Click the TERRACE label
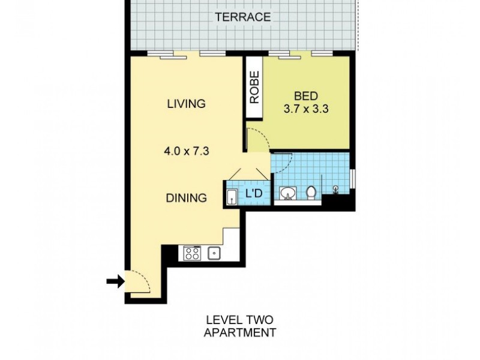pyautogui.click(x=243, y=17)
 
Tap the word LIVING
pyautogui.click(x=186, y=104)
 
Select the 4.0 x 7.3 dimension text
pyautogui.click(x=186, y=152)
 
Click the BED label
pyautogui.click(x=306, y=96)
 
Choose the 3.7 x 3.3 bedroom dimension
pyautogui.click(x=306, y=110)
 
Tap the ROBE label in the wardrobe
pyautogui.click(x=254, y=88)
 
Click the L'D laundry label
pyautogui.click(x=254, y=194)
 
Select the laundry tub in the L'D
pyautogui.click(x=232, y=196)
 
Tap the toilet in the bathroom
pyautogui.click(x=311, y=193)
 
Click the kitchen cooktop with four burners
pyautogui.click(x=192, y=253)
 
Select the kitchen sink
pyautogui.click(x=214, y=253)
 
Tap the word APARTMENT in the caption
pyautogui.click(x=240, y=332)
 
